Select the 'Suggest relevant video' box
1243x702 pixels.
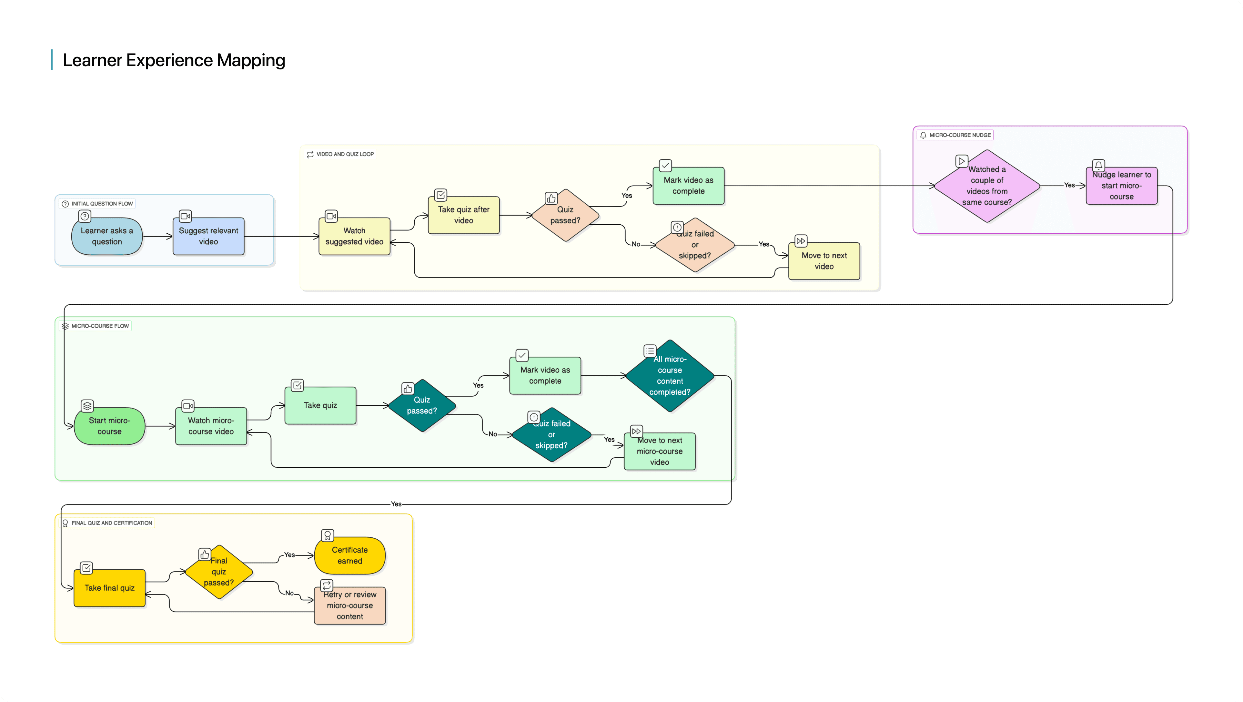[x=208, y=236]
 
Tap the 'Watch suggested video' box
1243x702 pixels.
[x=354, y=236]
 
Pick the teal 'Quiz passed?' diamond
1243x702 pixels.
[x=422, y=405]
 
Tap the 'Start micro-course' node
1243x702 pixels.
[x=109, y=426]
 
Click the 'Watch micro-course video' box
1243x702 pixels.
[x=211, y=426]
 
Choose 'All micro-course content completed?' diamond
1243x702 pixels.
[x=670, y=376]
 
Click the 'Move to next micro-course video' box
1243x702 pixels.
[x=660, y=451]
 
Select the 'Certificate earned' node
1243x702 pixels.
[x=350, y=555]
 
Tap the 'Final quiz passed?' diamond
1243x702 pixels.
[x=218, y=572]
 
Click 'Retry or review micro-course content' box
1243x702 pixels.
[x=350, y=605]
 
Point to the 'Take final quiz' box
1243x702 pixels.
[x=109, y=588]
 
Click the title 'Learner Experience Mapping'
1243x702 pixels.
[x=174, y=60]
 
